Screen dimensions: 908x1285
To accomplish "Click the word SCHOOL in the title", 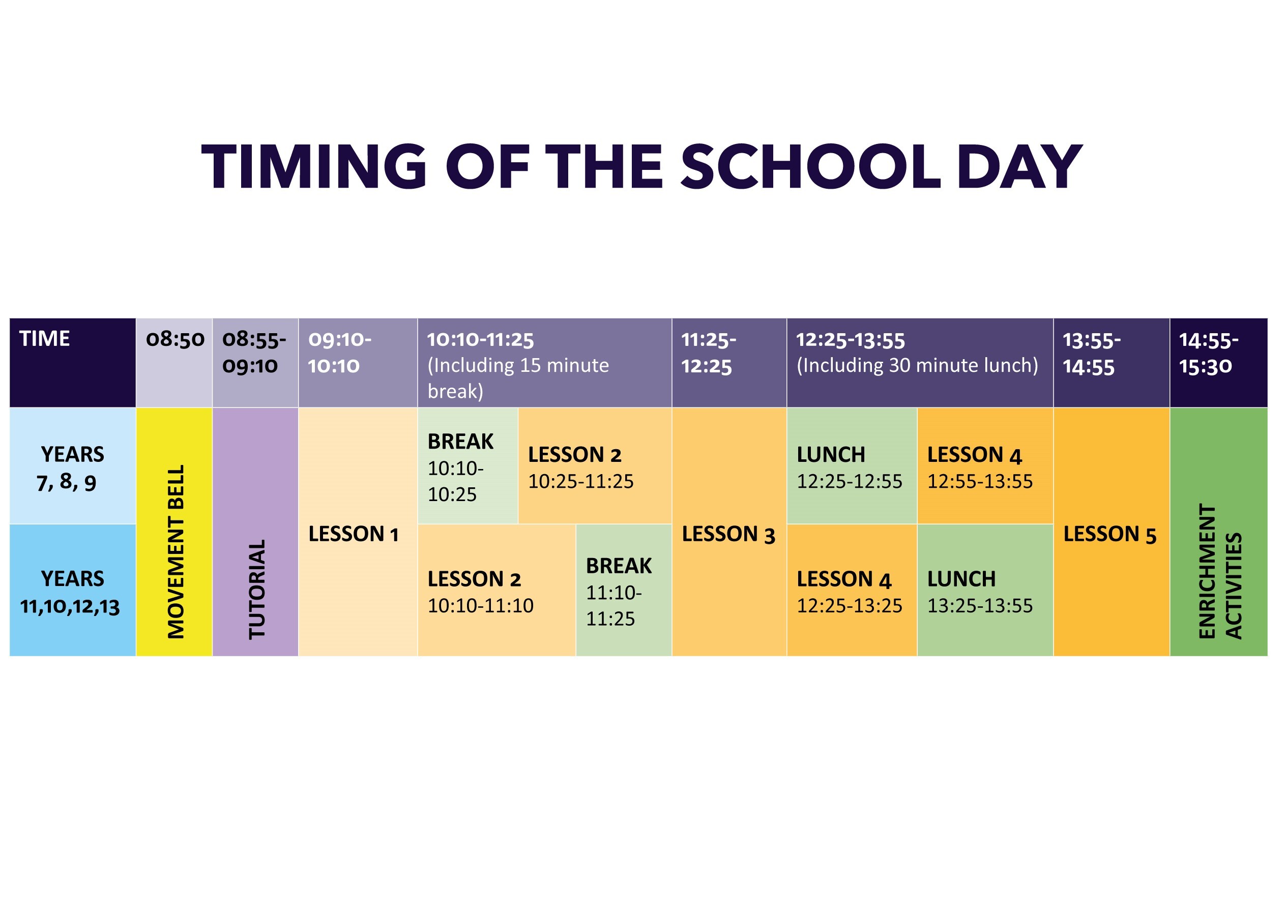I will [810, 166].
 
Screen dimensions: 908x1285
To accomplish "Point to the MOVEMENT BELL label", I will [176, 551].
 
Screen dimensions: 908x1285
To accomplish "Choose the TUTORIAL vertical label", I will [257, 589].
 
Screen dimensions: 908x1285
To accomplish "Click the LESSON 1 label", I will [354, 534].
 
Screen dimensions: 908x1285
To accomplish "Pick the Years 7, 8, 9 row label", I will [72, 468].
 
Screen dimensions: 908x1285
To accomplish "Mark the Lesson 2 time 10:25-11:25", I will [581, 481].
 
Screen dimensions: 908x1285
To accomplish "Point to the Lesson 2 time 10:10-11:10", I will [481, 606].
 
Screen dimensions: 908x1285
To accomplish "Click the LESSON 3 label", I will [728, 534].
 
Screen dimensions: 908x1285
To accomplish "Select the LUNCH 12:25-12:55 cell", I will [849, 468].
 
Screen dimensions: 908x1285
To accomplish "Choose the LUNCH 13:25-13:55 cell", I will [979, 592].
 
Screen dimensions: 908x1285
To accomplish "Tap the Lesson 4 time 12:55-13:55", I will [980, 481].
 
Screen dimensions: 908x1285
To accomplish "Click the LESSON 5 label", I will [1110, 534].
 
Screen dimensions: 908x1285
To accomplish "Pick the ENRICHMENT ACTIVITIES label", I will [1220, 571].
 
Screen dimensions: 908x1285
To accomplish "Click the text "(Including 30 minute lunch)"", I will [917, 366].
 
